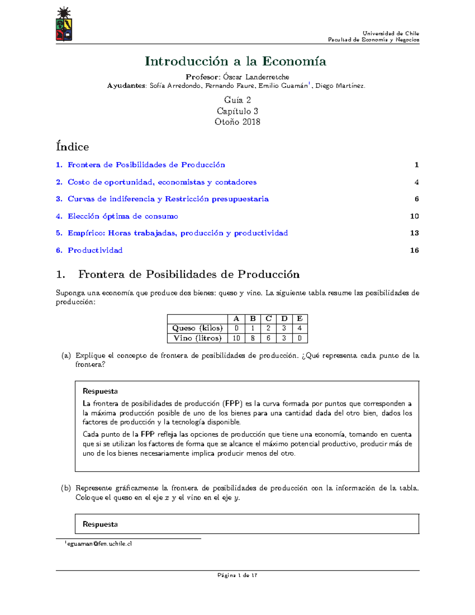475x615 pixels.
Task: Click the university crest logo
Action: coord(64,25)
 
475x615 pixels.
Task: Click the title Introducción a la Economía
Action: coord(236,61)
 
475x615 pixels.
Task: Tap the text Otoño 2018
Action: coord(237,122)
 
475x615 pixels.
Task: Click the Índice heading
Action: coord(72,147)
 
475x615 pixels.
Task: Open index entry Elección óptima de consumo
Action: coord(123,216)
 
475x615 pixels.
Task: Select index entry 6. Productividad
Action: coord(95,250)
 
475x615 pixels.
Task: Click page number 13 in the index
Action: coord(414,233)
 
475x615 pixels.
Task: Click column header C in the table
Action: coord(268,319)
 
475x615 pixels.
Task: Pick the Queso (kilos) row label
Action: coord(197,328)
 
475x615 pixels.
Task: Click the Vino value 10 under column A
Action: coord(236,338)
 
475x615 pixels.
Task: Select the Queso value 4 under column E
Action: coord(300,328)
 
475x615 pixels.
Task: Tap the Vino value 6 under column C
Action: coord(268,338)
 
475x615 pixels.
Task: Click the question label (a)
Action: coord(66,356)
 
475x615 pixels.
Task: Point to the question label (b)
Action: coord(66,488)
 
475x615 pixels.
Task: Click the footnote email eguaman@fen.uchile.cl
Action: coord(99,544)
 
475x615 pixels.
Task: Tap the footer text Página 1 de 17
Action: coord(237,575)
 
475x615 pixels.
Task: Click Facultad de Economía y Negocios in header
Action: coord(373,40)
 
